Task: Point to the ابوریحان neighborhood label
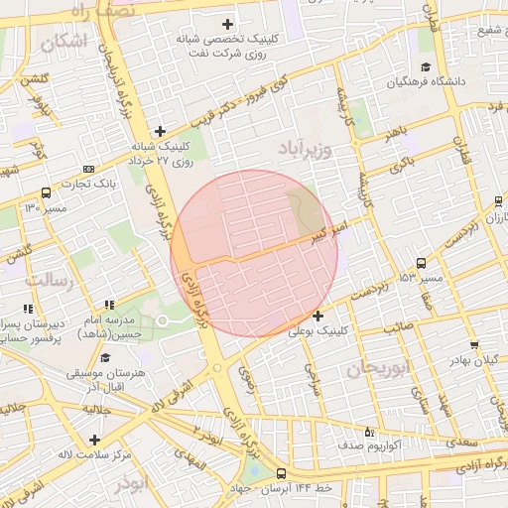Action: click(378, 369)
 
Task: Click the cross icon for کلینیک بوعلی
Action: click(317, 316)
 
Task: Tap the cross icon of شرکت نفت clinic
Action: click(227, 24)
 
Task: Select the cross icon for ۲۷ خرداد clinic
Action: click(160, 131)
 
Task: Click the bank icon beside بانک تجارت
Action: click(89, 168)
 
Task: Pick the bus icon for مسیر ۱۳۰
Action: click(47, 193)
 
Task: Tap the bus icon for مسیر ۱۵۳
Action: click(422, 263)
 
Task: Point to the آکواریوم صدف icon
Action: click(370, 432)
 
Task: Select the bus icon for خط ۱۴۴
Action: click(281, 474)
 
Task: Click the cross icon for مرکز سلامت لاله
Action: click(94, 440)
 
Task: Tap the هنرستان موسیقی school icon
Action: click(105, 358)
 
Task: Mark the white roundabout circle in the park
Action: click(162, 320)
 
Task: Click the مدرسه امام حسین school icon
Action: click(109, 305)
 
